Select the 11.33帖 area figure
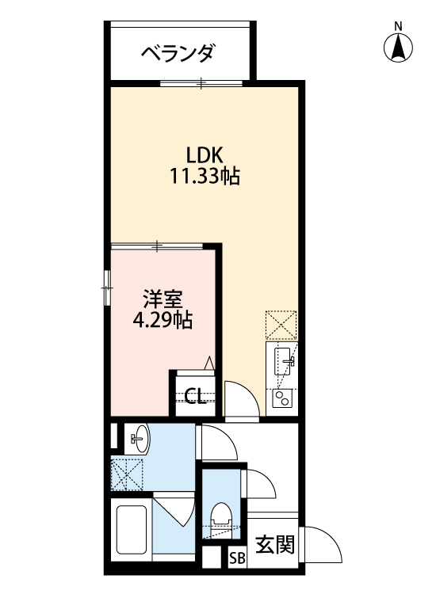coord(204,176)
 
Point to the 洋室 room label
coord(163,299)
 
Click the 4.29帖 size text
coord(163,321)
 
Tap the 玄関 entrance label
coord(275,544)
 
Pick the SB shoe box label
coord(237,558)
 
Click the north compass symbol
coord(399,49)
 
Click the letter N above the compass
coord(399,26)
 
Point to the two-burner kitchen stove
coord(281,398)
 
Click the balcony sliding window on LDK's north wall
coord(201,82)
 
